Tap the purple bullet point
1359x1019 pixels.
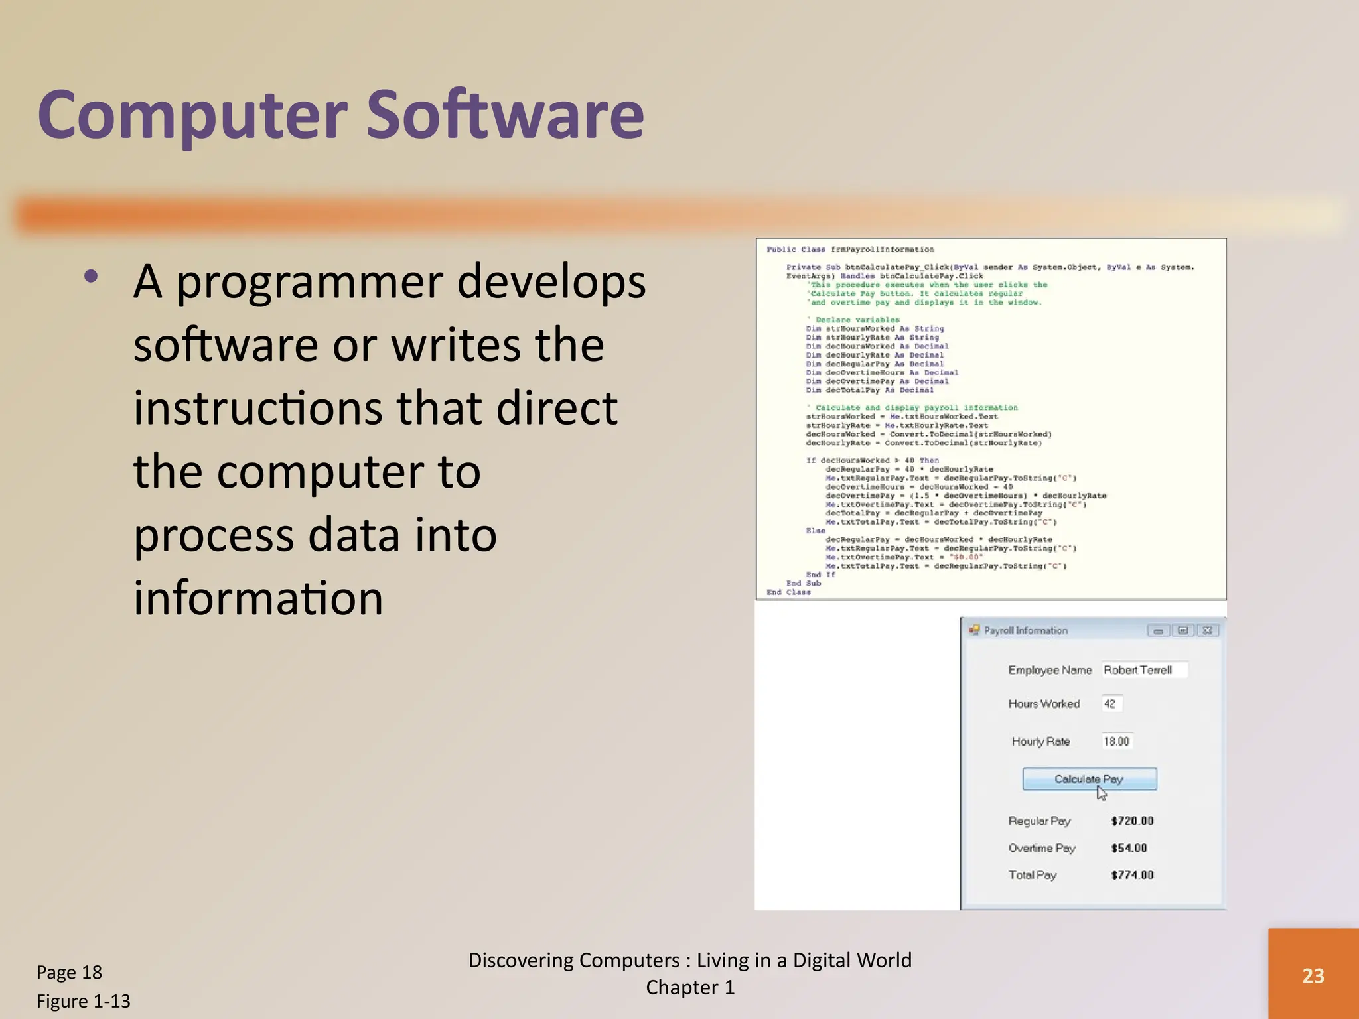click(x=92, y=277)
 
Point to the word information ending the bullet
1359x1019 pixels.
click(x=258, y=598)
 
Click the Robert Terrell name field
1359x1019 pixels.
click(x=1143, y=670)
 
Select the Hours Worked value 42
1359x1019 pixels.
click(x=1110, y=704)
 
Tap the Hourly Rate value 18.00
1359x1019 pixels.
click(x=1116, y=742)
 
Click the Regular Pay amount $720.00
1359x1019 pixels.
click(x=1132, y=821)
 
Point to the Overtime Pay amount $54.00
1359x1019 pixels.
click(x=1129, y=849)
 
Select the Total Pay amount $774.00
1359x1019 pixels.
click(x=1132, y=876)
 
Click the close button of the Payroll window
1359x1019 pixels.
click(x=1208, y=630)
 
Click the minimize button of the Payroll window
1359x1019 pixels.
click(x=1158, y=630)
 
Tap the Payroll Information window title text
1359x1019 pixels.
click(x=1025, y=630)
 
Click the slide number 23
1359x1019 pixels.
click(x=1313, y=975)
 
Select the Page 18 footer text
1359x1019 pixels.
click(x=69, y=973)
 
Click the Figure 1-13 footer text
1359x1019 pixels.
click(x=83, y=1001)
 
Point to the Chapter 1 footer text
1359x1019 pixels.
click(x=690, y=988)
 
